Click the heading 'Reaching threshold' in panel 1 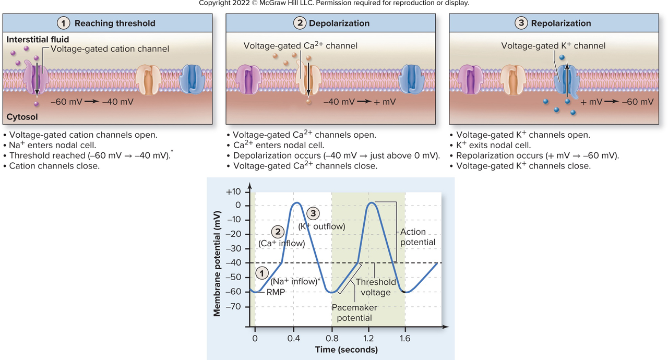[115, 23]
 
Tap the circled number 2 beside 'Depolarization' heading [300, 23]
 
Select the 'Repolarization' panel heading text [561, 23]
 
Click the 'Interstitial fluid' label [38, 40]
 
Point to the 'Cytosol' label [22, 117]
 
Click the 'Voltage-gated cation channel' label [110, 49]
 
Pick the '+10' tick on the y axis [233, 191]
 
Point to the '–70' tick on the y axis [233, 306]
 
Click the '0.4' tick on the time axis [294, 338]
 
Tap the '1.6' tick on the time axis [405, 338]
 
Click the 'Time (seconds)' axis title [346, 350]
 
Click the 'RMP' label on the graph [276, 292]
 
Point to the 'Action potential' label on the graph [417, 237]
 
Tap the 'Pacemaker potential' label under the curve [354, 313]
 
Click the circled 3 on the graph [313, 213]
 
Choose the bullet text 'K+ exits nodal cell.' [493, 146]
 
